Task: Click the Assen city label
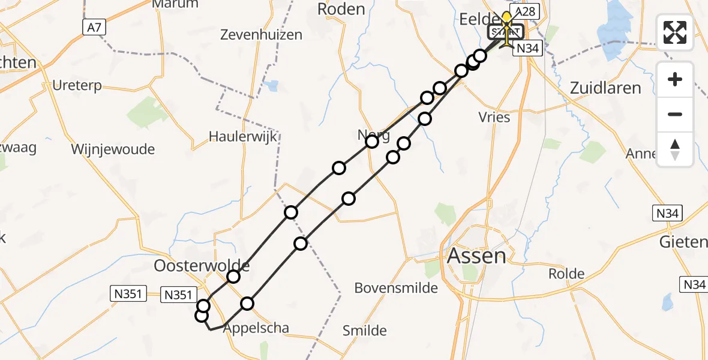click(476, 256)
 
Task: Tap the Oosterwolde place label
click(202, 265)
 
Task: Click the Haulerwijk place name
click(243, 136)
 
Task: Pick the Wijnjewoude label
click(113, 149)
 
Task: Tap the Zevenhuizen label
click(261, 34)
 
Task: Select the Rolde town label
click(566, 274)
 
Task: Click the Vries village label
click(495, 117)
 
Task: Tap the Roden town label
click(341, 9)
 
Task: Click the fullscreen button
click(675, 32)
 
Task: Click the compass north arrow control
click(675, 149)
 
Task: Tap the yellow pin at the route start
click(507, 17)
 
